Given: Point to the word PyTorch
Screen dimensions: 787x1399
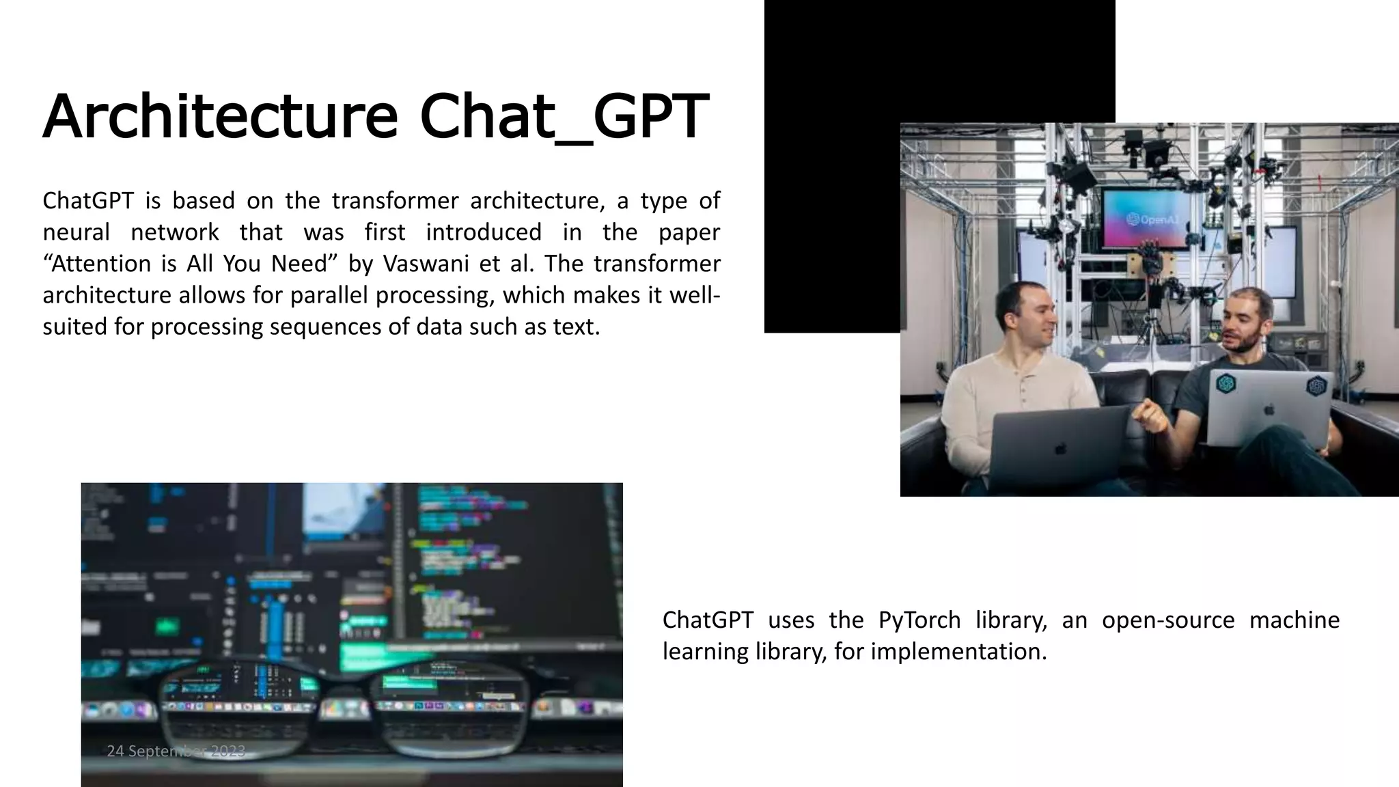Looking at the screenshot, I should point(919,620).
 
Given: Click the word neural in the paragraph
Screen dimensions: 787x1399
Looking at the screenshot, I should point(76,232).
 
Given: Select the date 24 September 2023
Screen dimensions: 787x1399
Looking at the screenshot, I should point(176,751).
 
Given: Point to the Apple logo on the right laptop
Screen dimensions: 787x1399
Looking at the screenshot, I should point(1269,410).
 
